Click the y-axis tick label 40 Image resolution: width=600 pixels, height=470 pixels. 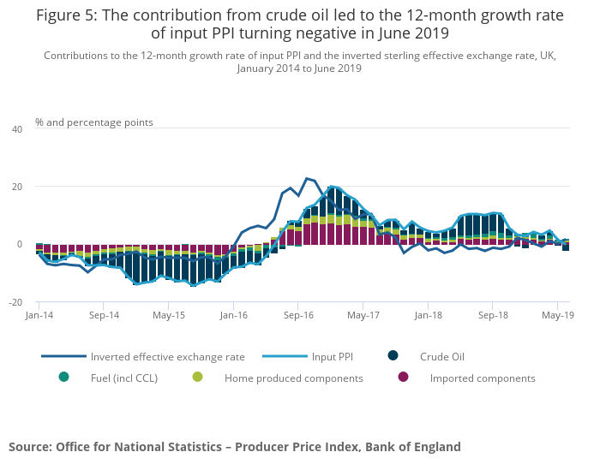pyautogui.click(x=17, y=129)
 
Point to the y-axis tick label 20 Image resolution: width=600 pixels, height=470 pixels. pyautogui.click(x=17, y=187)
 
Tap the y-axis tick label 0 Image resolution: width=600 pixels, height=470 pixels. pyautogui.click(x=20, y=244)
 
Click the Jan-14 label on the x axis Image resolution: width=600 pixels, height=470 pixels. pyautogui.click(x=39, y=315)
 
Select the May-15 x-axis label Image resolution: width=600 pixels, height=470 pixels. pyautogui.click(x=169, y=315)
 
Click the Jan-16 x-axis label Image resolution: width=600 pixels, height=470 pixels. pyautogui.click(x=234, y=315)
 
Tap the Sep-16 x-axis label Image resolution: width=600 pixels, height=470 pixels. pyautogui.click(x=298, y=315)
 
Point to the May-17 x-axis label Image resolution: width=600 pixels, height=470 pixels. pyautogui.click(x=363, y=315)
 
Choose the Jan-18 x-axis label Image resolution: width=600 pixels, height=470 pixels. pyautogui.click(x=428, y=315)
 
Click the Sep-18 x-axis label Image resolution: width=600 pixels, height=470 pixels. pyautogui.click(x=493, y=315)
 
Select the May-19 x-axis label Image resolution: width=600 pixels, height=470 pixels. pyautogui.click(x=558, y=315)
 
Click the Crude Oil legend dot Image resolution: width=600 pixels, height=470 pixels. pyautogui.click(x=393, y=356)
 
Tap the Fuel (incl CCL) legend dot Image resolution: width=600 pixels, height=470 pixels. pyautogui.click(x=63, y=378)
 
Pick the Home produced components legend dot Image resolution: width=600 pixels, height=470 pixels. pyautogui.click(x=198, y=378)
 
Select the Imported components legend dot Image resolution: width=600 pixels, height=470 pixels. pyautogui.click(x=403, y=378)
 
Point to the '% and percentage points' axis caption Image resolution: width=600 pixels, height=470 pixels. pyautogui.click(x=94, y=122)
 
